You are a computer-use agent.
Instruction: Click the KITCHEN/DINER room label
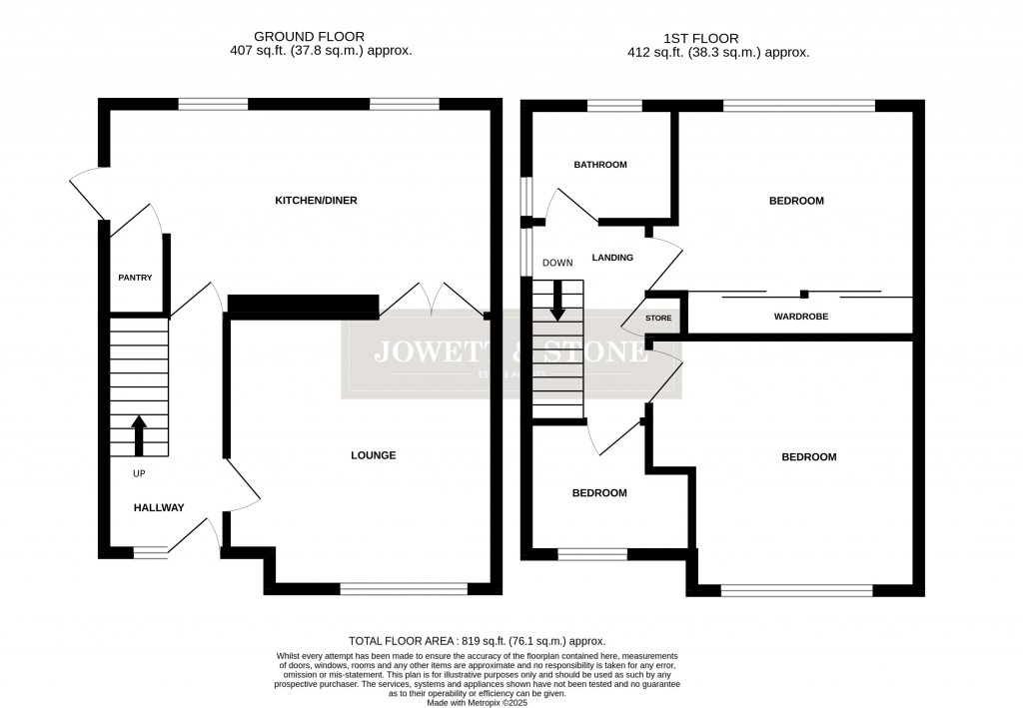tap(316, 201)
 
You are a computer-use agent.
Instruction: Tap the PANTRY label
tap(135, 278)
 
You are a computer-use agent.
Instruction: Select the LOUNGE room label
tap(373, 455)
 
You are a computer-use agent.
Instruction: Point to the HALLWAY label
tap(159, 507)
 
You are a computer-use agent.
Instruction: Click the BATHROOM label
tap(599, 165)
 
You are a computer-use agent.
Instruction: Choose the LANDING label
tap(612, 258)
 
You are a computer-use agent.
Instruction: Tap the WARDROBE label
tap(800, 317)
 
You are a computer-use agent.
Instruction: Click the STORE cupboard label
tap(658, 319)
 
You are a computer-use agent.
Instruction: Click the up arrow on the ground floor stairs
tap(137, 435)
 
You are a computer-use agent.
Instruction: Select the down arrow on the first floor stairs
tap(557, 300)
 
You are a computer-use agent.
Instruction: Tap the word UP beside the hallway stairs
tap(140, 473)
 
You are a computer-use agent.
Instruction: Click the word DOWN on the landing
tap(557, 263)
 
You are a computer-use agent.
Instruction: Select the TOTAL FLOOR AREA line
tap(477, 641)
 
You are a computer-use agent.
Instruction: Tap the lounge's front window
tap(403, 588)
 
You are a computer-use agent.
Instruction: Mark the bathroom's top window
tap(613, 105)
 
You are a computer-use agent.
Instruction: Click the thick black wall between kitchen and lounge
tap(303, 306)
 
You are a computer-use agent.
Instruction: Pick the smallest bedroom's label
tap(598, 493)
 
